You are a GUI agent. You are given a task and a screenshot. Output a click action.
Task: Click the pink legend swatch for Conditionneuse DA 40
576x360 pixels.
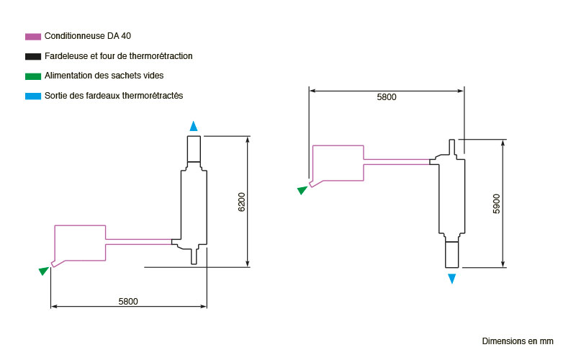tap(33, 37)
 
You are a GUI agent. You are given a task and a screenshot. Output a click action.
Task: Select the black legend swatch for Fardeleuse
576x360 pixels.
tap(33, 57)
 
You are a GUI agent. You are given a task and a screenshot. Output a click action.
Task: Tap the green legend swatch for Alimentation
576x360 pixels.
tap(33, 76)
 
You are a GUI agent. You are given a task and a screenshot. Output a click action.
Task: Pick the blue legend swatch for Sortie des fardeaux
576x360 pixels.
tap(33, 96)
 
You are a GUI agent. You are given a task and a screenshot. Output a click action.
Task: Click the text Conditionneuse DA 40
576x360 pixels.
tap(88, 36)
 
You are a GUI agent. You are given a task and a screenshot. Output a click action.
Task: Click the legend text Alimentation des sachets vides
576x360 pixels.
tap(104, 76)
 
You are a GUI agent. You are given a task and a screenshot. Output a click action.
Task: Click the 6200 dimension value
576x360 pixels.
tap(241, 202)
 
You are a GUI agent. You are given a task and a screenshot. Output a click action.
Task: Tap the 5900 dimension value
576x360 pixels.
tap(496, 204)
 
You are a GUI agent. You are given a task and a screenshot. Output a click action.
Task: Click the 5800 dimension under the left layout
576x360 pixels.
tap(128, 301)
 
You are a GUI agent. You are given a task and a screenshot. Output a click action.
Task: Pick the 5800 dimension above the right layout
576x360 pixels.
tap(387, 97)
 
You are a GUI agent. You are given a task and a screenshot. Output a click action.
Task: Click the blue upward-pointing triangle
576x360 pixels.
tap(194, 127)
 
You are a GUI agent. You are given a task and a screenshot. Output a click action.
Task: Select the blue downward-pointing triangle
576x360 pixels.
tap(452, 279)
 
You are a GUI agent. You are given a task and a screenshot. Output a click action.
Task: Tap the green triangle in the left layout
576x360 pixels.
tap(44, 271)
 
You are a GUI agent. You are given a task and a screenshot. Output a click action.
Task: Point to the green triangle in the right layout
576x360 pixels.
tap(302, 190)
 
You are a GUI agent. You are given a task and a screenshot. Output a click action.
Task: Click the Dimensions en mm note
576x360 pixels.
tap(518, 341)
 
